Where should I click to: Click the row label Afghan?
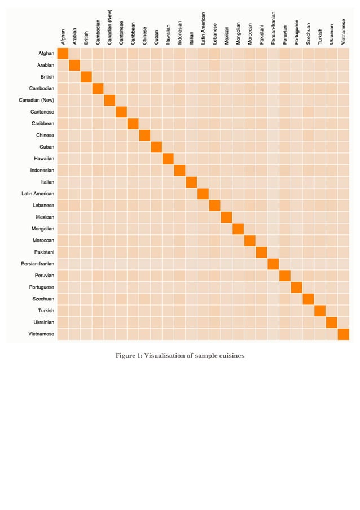46,53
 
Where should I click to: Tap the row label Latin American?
38,194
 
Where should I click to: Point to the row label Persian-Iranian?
38,264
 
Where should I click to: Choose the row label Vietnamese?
41,334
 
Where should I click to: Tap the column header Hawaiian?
168,33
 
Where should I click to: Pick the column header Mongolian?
238,33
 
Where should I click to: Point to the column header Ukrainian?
332,33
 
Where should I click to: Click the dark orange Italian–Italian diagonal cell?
191,182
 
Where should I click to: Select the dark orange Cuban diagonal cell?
156,147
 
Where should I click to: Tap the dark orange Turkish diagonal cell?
320,311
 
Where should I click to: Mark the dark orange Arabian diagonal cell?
74,65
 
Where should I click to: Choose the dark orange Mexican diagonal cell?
226,217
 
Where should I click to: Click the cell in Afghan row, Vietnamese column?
343,53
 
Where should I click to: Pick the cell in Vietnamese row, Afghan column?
63,334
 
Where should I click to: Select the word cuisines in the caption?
229,355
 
